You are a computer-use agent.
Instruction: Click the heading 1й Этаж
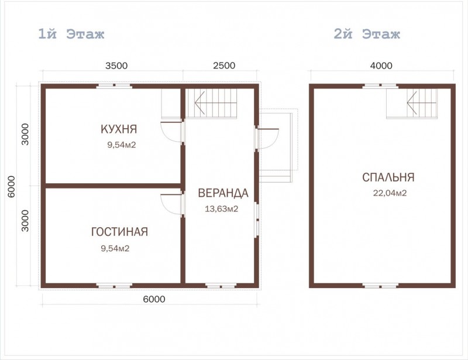pyautogui.click(x=71, y=34)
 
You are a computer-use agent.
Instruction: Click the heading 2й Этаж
pyautogui.click(x=367, y=34)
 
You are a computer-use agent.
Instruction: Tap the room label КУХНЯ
pyautogui.click(x=119, y=129)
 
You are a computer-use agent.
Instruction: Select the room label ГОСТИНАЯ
pyautogui.click(x=119, y=232)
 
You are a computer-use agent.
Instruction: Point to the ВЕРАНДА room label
pyautogui.click(x=223, y=193)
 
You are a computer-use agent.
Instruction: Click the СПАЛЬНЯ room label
pyautogui.click(x=388, y=177)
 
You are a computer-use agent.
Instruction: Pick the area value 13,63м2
pyautogui.click(x=222, y=209)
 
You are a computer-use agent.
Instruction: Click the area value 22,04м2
pyautogui.click(x=390, y=193)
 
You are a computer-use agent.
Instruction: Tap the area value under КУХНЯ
pyautogui.click(x=122, y=145)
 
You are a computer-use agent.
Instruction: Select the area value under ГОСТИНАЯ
pyautogui.click(x=115, y=248)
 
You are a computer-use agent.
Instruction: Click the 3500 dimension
pyautogui.click(x=116, y=66)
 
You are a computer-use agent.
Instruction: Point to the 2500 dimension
pyautogui.click(x=224, y=66)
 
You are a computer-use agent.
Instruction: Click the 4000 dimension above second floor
pyautogui.click(x=381, y=66)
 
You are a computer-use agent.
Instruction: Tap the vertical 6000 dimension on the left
pyautogui.click(x=11, y=187)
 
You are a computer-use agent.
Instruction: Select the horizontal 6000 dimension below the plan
pyautogui.click(x=154, y=299)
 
